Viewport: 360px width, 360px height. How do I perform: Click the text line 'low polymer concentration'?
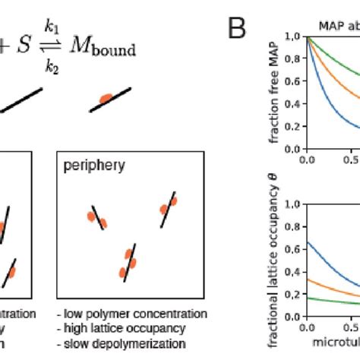131,314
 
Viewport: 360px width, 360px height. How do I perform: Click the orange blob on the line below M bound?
107,99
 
